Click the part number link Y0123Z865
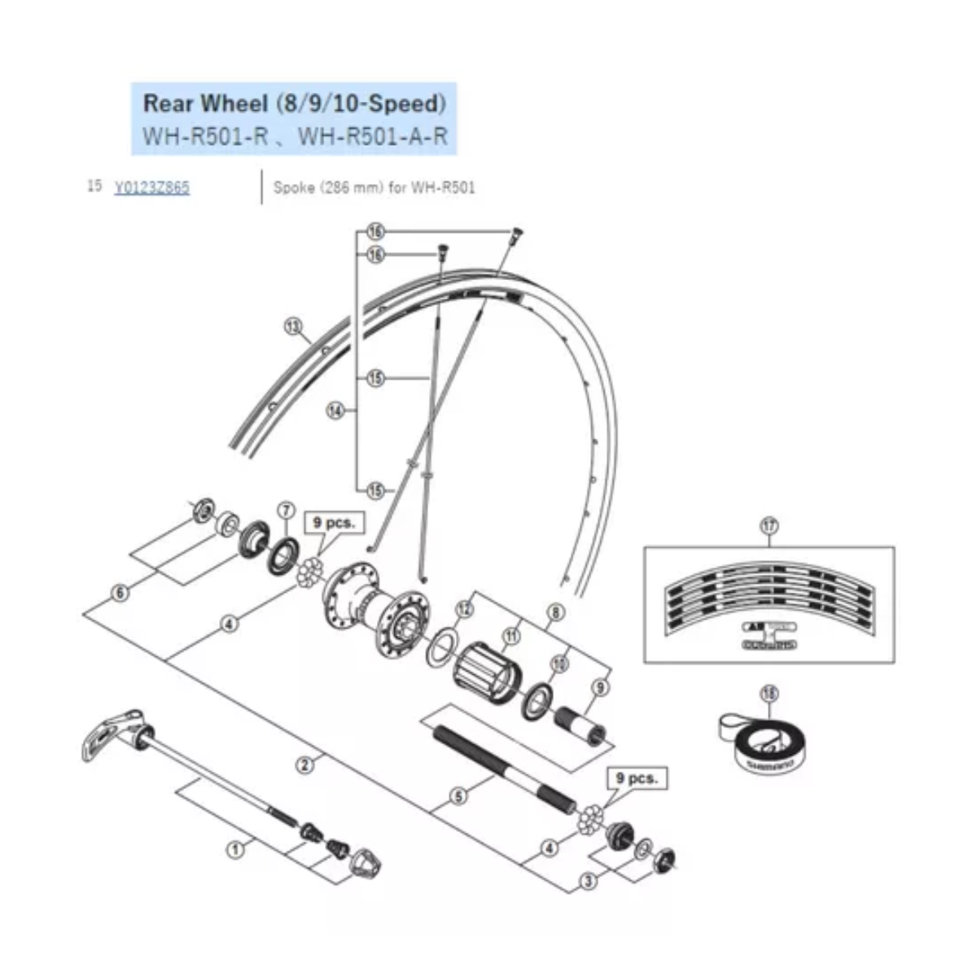click(152, 188)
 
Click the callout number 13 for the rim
click(293, 327)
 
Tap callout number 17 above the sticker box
click(769, 527)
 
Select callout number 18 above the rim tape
click(769, 694)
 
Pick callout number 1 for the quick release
click(235, 849)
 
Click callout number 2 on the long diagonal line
click(304, 765)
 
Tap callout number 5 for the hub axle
click(459, 795)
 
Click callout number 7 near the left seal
click(285, 510)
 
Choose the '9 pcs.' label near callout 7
click(334, 523)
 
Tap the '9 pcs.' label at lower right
click(637, 778)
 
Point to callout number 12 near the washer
click(464, 608)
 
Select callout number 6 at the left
click(120, 593)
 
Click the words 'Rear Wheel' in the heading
click(204, 104)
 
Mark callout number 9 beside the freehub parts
click(600, 687)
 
